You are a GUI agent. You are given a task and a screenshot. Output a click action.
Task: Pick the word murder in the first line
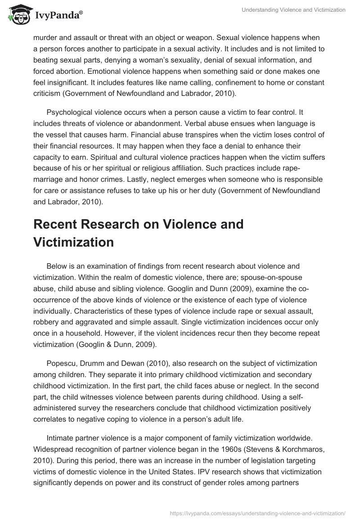46,37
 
